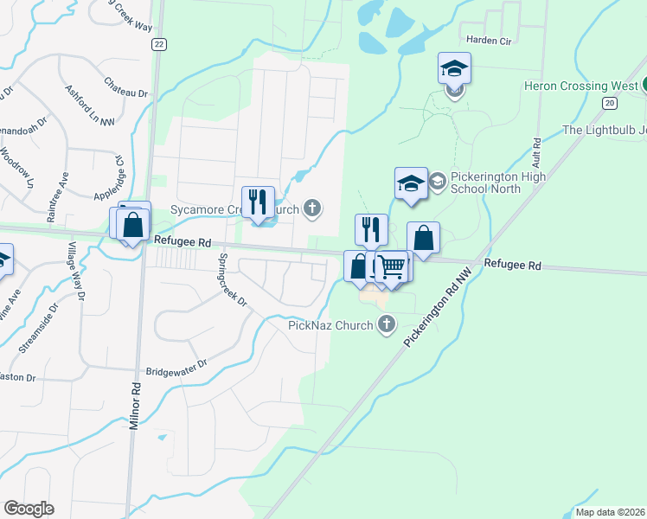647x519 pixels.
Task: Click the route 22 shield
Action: pos(157,44)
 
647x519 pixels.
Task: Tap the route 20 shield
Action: pos(610,103)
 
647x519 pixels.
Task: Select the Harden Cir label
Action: pos(490,40)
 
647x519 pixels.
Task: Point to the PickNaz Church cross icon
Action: pos(387,324)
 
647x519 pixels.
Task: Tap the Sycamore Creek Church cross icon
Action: pos(313,208)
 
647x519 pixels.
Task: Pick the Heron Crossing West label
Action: pos(580,86)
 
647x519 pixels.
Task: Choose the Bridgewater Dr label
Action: pos(177,366)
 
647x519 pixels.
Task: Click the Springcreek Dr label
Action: pos(232,280)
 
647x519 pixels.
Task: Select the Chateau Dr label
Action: pos(126,86)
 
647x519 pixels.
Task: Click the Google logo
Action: pos(29,508)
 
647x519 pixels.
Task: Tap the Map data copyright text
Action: pos(609,512)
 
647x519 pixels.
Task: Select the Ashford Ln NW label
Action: pos(90,105)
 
